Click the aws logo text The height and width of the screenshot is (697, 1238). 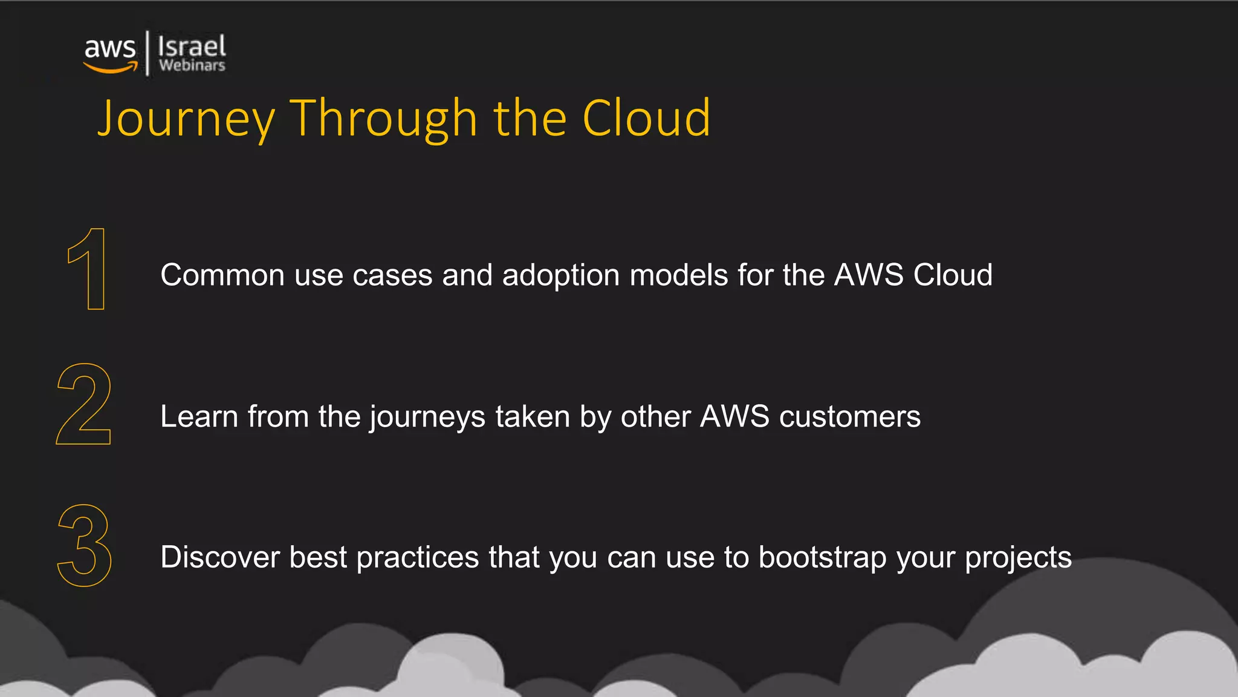[109, 48]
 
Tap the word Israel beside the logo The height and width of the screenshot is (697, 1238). [192, 46]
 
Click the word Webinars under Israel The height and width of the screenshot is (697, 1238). [192, 65]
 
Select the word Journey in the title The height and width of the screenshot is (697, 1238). [186, 119]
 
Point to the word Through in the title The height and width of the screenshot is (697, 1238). [384, 119]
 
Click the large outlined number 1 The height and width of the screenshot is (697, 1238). [88, 269]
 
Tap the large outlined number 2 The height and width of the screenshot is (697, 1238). [84, 404]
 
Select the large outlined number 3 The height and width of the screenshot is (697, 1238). [85, 546]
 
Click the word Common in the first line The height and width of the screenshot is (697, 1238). [222, 275]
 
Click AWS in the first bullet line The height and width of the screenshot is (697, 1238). [869, 275]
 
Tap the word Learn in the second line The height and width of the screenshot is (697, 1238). [199, 417]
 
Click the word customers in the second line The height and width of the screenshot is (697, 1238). [850, 417]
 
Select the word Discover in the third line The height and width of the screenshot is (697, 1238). [219, 557]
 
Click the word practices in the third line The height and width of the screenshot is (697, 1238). [417, 558]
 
